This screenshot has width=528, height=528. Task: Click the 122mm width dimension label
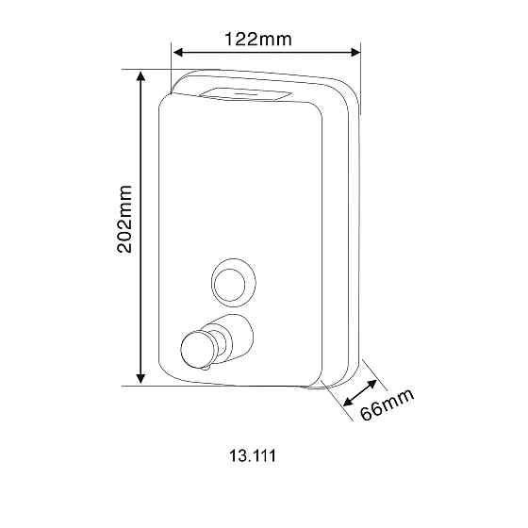point(258,39)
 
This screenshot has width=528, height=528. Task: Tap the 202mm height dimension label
point(124,219)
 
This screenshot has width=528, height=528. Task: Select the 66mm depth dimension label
point(387,404)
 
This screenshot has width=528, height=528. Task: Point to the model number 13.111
point(253,455)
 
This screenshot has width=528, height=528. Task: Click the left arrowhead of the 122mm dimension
point(177,52)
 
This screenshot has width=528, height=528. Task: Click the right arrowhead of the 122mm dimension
point(355,52)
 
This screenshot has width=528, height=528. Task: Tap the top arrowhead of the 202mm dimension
point(140,75)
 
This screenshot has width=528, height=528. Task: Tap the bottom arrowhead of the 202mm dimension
point(140,378)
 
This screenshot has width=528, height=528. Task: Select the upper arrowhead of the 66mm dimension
point(372,385)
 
